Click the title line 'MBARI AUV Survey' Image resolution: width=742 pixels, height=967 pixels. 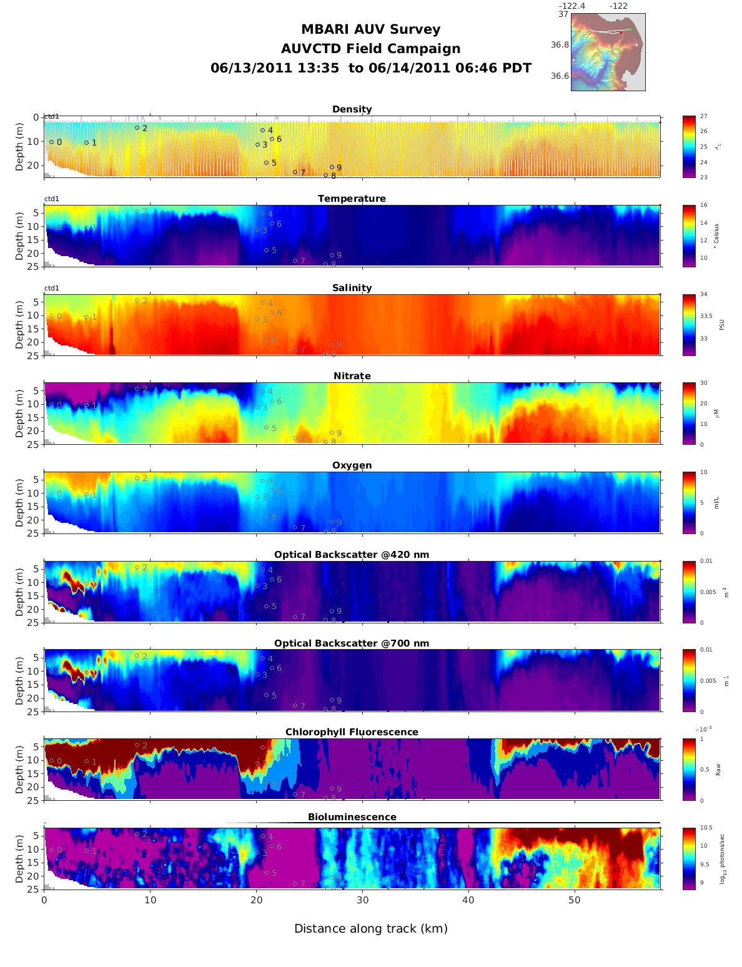(370, 29)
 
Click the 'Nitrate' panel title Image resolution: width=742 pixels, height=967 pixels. (352, 376)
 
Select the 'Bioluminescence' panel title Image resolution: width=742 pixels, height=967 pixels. (352, 817)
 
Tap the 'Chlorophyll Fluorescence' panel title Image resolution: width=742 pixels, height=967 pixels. (352, 732)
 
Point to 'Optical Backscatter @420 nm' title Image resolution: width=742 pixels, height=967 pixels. (352, 555)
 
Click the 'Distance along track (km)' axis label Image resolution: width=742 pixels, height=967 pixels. (371, 928)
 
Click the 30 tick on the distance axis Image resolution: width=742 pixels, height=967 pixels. (362, 900)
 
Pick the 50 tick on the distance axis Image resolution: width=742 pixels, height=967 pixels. (575, 900)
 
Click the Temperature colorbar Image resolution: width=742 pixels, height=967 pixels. (689, 236)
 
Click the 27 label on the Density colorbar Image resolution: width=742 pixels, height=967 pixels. (704, 117)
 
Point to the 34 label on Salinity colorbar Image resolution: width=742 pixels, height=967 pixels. (704, 295)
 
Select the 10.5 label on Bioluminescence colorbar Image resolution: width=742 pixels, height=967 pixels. (706, 828)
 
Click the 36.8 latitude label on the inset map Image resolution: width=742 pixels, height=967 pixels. (560, 45)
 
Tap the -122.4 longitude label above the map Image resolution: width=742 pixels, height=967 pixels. (571, 6)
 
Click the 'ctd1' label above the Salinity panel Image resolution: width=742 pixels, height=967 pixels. (52, 288)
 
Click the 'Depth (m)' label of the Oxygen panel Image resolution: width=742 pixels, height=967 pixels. (20, 502)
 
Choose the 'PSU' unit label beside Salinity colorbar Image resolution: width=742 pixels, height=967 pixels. (721, 325)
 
